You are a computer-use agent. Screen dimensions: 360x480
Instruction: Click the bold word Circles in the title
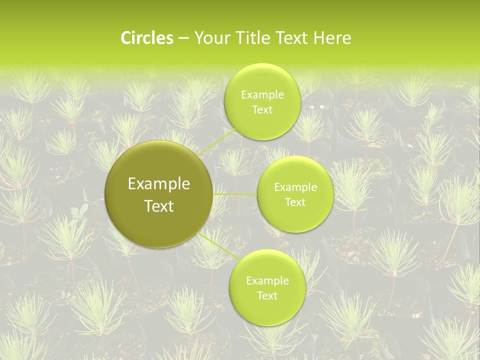pyautogui.click(x=147, y=38)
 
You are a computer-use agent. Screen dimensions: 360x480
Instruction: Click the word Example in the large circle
pyautogui.click(x=159, y=184)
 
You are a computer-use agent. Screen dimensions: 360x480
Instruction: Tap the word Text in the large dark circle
pyautogui.click(x=159, y=206)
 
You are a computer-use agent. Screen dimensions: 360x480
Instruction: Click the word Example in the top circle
pyautogui.click(x=262, y=95)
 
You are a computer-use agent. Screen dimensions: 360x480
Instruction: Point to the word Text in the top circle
pyautogui.click(x=262, y=110)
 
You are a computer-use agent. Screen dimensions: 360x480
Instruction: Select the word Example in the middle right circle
pyautogui.click(x=295, y=187)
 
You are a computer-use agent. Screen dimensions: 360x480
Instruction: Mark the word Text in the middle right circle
pyautogui.click(x=295, y=202)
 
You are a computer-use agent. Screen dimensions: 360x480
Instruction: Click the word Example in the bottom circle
pyautogui.click(x=267, y=281)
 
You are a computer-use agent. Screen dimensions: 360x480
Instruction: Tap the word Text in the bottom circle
pyautogui.click(x=267, y=296)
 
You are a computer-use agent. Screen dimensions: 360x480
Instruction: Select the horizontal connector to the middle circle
pyautogui.click(x=235, y=194)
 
